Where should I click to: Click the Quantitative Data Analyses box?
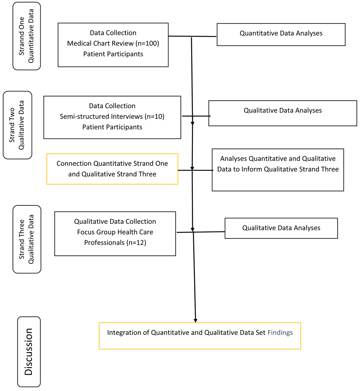(x=281, y=35)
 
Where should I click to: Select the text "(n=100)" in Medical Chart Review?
(x=148, y=44)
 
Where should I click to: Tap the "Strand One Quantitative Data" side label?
(x=27, y=36)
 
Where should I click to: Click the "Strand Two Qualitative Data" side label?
(x=18, y=125)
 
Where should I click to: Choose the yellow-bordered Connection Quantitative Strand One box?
(x=112, y=169)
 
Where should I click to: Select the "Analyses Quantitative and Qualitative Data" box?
(x=278, y=170)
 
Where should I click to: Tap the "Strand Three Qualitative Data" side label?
(x=27, y=239)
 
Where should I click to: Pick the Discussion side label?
(x=29, y=351)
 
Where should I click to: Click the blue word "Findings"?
(x=280, y=333)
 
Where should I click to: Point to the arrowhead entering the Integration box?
(x=195, y=321)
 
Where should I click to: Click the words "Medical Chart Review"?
(x=100, y=44)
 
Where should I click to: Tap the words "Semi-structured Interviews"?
(x=101, y=117)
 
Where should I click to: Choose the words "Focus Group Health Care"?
(x=115, y=232)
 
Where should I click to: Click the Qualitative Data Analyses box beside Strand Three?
(x=281, y=228)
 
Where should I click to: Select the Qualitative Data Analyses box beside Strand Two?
(x=283, y=113)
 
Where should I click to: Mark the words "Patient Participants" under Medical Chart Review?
(x=113, y=54)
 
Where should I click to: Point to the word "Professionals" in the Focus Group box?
(x=104, y=243)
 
